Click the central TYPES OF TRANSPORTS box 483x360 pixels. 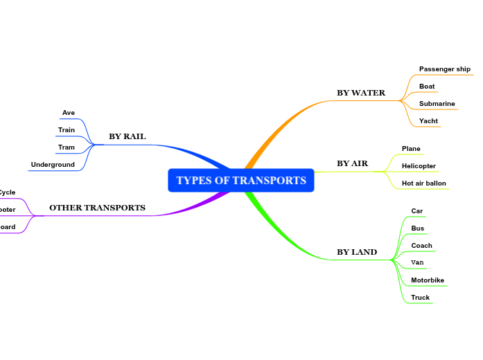[x=240, y=181]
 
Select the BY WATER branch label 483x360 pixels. [x=360, y=93]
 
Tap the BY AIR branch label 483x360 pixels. [x=352, y=164]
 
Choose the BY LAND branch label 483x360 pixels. [x=357, y=252]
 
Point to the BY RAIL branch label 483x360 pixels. [x=127, y=136]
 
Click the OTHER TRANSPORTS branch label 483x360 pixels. [x=97, y=208]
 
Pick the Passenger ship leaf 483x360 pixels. [x=444, y=69]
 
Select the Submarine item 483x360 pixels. [x=437, y=104]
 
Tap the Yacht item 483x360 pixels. [x=428, y=121]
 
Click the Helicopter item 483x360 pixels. [x=419, y=166]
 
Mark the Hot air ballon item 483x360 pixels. [x=424, y=183]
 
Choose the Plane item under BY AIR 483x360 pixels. [x=411, y=149]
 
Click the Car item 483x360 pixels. [x=416, y=211]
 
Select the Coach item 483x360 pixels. [x=421, y=246]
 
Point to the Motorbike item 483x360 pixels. [x=427, y=280]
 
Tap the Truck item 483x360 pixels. [x=420, y=298]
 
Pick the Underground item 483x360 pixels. [x=53, y=165]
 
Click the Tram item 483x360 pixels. [x=67, y=147]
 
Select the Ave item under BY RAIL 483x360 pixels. [x=69, y=113]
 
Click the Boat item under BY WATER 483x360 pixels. [x=427, y=87]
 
